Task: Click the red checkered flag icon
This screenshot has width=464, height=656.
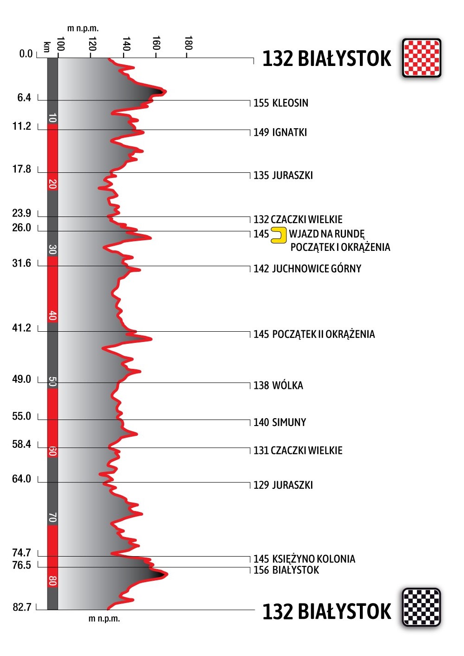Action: click(x=421, y=58)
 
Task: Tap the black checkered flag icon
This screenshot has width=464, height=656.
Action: click(x=421, y=607)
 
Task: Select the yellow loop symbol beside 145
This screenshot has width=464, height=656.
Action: click(x=278, y=235)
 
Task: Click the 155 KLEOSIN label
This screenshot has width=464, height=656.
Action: click(x=280, y=103)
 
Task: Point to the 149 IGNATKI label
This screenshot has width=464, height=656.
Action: click(x=280, y=132)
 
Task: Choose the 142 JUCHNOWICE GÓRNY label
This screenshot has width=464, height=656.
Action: click(x=307, y=269)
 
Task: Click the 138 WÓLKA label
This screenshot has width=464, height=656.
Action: click(x=278, y=386)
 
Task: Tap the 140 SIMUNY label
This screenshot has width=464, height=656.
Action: click(x=279, y=422)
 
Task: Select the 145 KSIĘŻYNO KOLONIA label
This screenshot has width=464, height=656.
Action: click(x=304, y=559)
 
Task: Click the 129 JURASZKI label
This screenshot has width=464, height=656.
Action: click(x=283, y=485)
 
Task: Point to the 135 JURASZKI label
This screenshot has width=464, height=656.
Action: click(x=283, y=176)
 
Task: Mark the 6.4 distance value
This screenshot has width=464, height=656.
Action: click(x=24, y=98)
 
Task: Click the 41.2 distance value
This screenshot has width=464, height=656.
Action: click(x=21, y=328)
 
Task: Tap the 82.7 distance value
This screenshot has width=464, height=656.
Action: click(x=22, y=607)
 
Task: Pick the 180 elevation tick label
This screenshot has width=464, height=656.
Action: click(x=188, y=43)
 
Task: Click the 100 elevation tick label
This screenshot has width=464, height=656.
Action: click(x=60, y=44)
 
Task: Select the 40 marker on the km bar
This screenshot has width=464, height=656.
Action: click(x=53, y=316)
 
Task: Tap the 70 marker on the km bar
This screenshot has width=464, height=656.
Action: click(x=53, y=517)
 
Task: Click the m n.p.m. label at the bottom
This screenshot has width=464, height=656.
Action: click(x=104, y=619)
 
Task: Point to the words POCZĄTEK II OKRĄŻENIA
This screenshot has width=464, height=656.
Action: click(x=323, y=335)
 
